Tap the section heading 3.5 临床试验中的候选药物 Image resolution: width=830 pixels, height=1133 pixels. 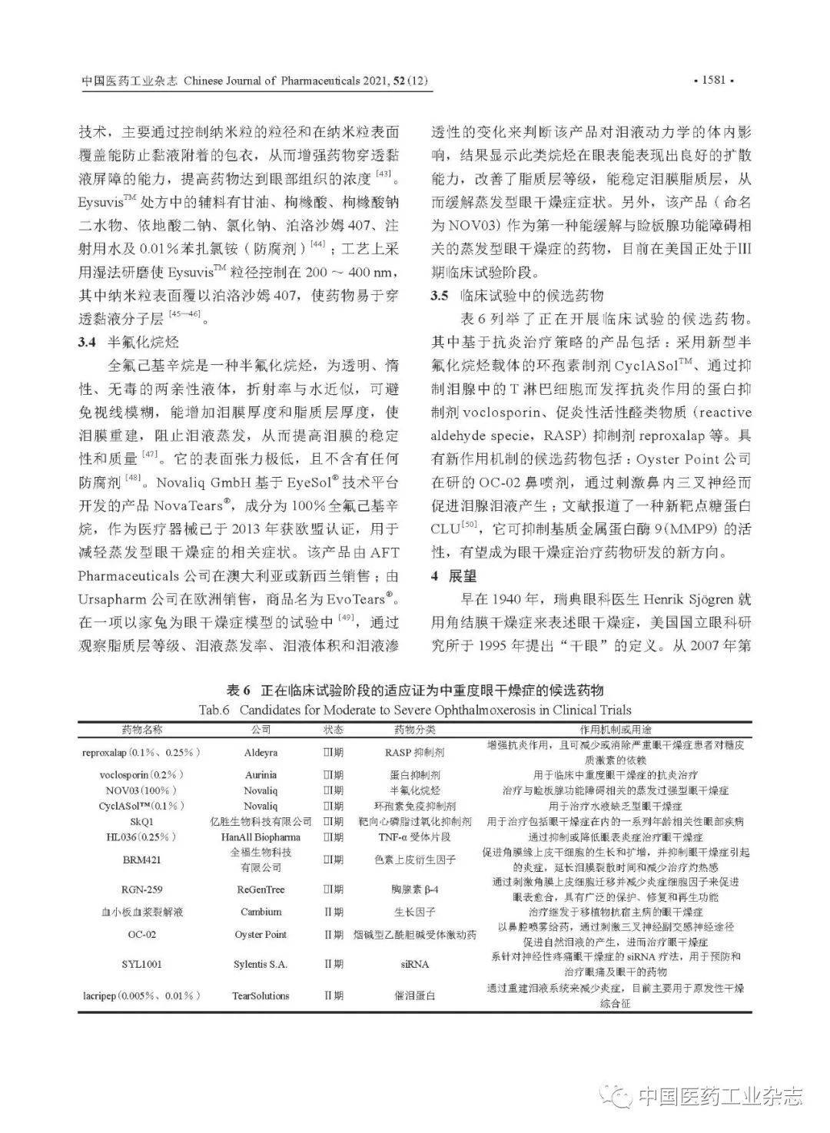(516, 296)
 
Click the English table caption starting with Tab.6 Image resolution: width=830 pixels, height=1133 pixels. (414, 710)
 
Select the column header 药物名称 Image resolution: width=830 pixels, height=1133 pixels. (142, 730)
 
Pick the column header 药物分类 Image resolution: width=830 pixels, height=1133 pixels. (414, 730)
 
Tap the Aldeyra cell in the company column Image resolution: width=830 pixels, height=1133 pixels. (261, 753)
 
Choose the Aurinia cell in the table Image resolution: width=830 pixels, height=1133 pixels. (261, 775)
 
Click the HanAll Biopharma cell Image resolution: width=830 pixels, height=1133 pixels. (261, 836)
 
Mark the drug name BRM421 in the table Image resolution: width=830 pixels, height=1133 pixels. (142, 860)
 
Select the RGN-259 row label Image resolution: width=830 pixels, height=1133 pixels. (142, 890)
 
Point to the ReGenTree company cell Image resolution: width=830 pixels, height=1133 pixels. (261, 890)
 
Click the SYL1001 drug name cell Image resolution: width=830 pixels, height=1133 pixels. (142, 964)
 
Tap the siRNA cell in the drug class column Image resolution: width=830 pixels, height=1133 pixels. (414, 964)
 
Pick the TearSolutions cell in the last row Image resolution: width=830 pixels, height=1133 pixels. (261, 996)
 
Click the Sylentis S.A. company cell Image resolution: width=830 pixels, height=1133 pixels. (261, 964)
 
